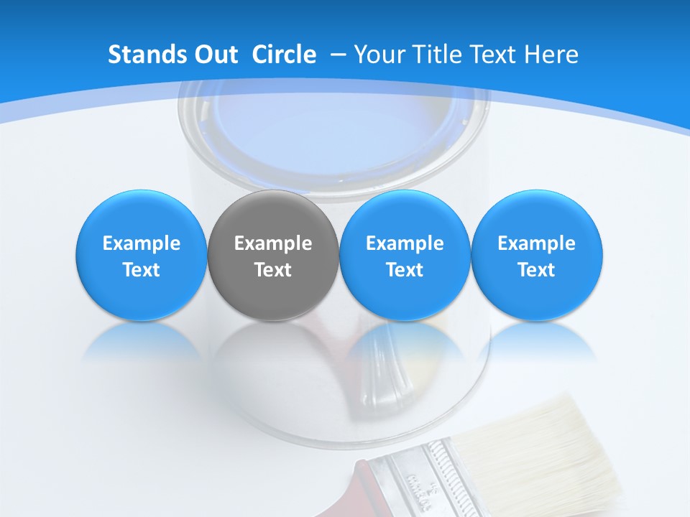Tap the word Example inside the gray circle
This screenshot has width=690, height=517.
click(273, 244)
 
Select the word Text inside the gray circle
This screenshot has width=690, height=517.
click(273, 270)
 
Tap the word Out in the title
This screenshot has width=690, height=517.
click(216, 55)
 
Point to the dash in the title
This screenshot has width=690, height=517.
click(338, 55)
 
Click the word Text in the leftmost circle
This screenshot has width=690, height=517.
click(141, 270)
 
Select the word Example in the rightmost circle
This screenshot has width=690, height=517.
click(536, 244)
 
